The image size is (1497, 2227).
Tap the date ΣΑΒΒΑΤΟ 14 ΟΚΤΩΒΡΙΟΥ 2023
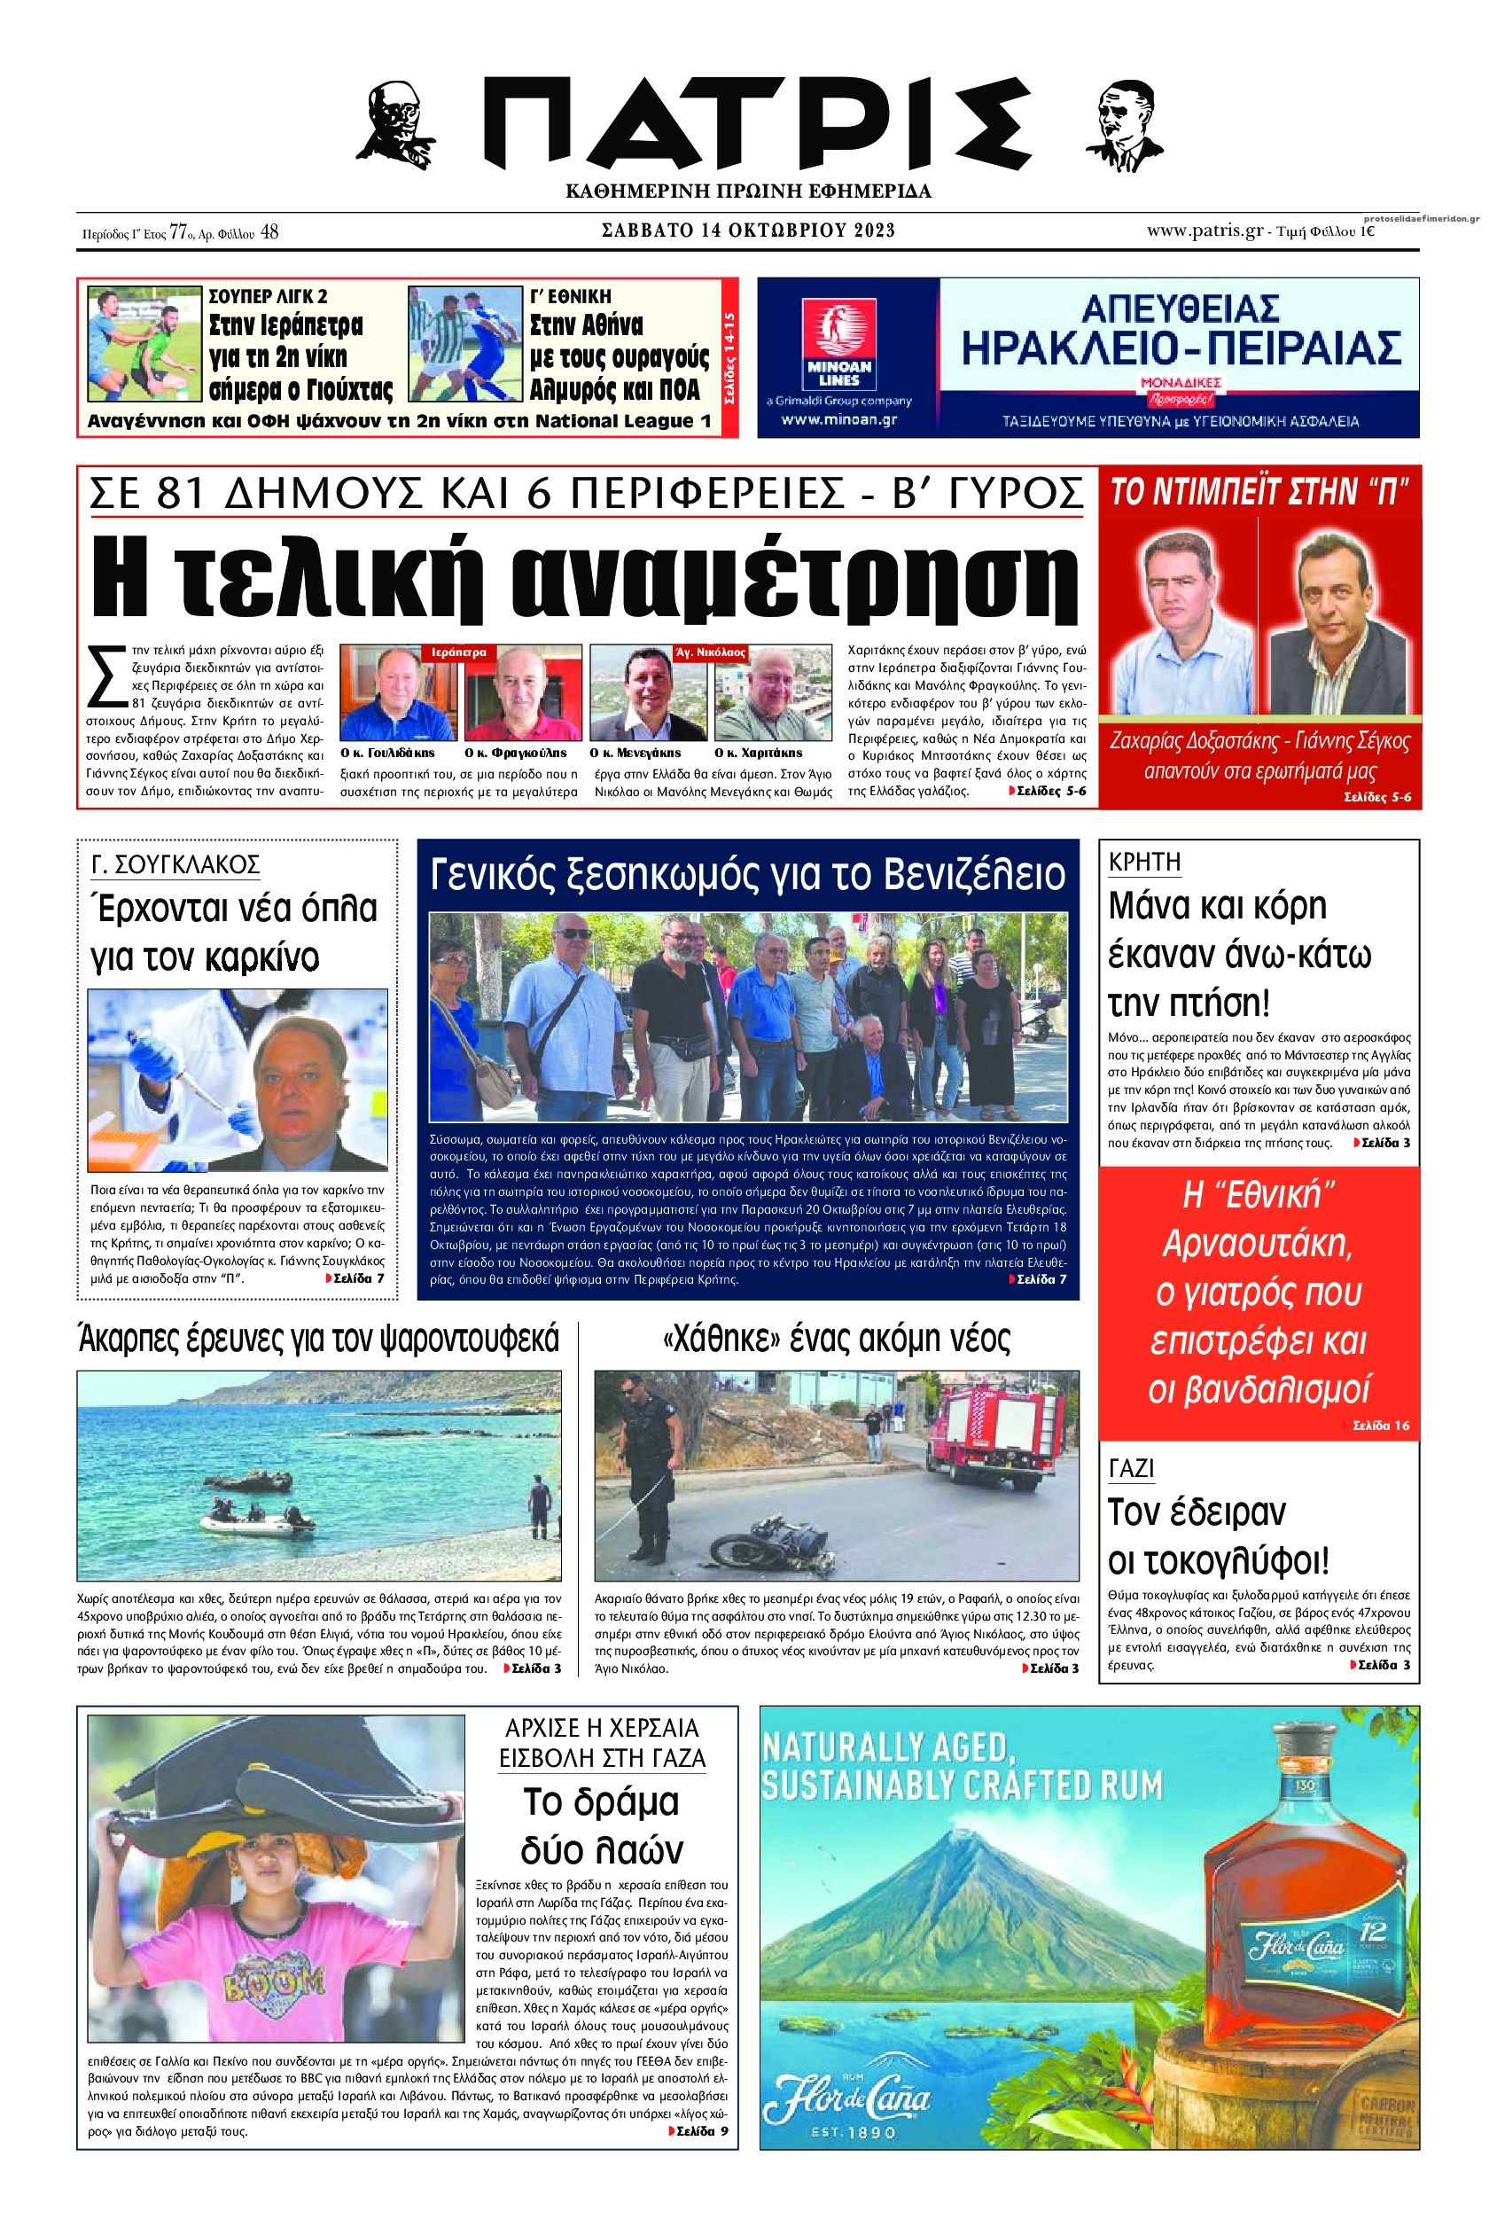[748, 231]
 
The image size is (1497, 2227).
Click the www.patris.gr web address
[1204, 231]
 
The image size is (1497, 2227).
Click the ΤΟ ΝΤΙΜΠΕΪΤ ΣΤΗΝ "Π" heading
[1259, 493]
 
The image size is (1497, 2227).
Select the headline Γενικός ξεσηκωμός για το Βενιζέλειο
[747, 874]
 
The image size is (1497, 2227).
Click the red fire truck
[1002, 1430]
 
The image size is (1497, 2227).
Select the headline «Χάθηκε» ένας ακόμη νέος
[836, 1339]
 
